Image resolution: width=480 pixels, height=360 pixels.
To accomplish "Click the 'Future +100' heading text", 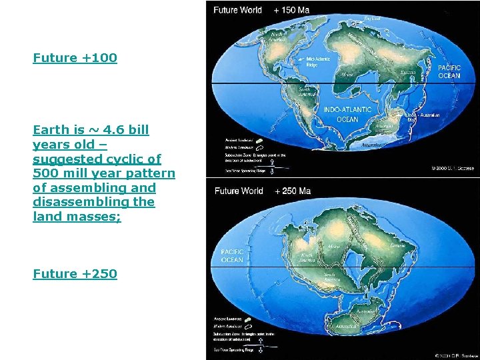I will [x=75, y=58].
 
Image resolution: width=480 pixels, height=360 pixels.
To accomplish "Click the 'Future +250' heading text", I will [x=75, y=274].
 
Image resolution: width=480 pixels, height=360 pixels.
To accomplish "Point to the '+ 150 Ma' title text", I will [x=291, y=10].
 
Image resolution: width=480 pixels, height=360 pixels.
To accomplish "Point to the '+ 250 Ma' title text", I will [x=292, y=191].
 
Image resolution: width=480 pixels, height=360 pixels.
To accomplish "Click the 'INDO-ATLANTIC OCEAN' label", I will [x=348, y=114].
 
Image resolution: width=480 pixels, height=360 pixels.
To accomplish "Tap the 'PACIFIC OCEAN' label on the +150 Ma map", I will [x=449, y=72].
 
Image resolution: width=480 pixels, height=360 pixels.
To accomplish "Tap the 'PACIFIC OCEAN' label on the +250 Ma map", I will [x=232, y=257].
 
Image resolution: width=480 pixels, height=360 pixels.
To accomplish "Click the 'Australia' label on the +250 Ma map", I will [x=366, y=311].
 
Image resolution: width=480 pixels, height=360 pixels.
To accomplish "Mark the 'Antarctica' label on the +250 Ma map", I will [x=347, y=327].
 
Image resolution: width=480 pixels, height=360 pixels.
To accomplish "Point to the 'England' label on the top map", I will [x=372, y=19].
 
